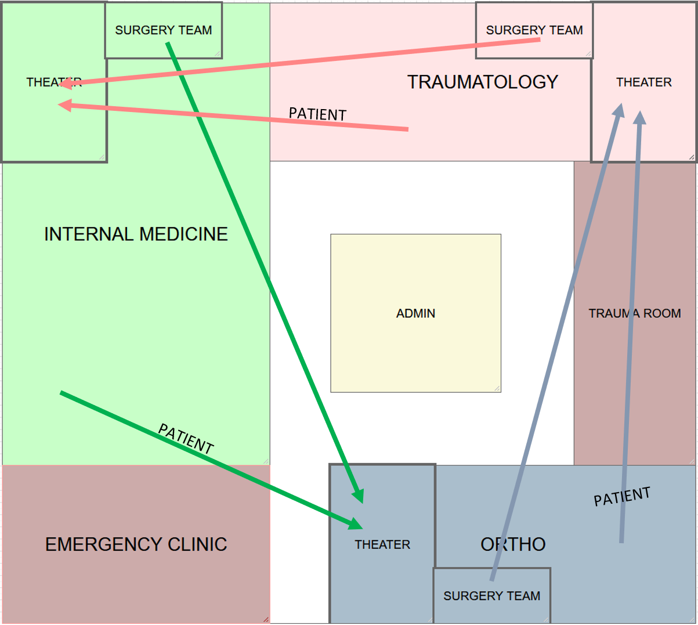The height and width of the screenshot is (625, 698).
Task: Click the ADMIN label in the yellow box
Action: tap(415, 313)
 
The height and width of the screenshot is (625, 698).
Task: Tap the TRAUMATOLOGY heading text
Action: tap(482, 82)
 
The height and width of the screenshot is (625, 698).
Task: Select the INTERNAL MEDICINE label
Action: tap(136, 234)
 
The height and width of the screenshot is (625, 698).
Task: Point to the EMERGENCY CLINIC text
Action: tap(136, 544)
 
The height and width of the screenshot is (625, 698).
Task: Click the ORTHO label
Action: tap(513, 544)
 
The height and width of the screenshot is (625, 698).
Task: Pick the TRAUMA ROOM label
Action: tap(635, 313)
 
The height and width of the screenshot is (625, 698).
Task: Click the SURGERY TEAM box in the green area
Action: tap(163, 30)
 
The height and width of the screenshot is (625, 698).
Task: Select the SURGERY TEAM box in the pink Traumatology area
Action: tap(534, 30)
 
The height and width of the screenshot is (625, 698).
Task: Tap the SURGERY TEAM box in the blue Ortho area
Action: tap(491, 596)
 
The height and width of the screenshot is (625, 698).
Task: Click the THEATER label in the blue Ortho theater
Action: tap(382, 544)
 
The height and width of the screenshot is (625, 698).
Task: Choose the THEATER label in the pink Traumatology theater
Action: tap(644, 82)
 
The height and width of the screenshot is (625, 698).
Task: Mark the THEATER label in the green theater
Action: tap(53, 82)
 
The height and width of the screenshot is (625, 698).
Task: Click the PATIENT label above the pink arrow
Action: tap(317, 114)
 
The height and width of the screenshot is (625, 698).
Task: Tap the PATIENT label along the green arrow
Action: tap(186, 439)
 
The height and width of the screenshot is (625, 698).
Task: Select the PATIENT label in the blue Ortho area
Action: tap(621, 497)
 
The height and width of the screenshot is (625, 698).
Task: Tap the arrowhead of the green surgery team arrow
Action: tap(359, 496)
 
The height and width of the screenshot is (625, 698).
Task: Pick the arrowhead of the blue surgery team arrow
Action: tap(619, 110)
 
